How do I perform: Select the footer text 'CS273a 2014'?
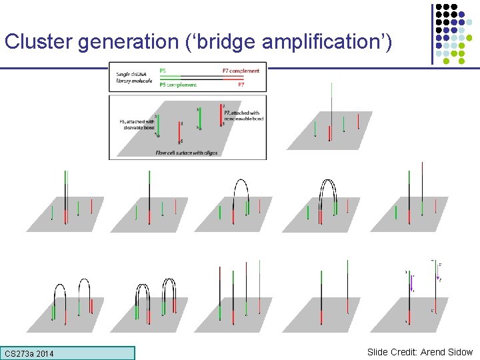[29, 353]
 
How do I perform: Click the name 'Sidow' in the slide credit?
[458, 352]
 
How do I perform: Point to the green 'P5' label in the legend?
[163, 69]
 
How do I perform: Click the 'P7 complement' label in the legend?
[241, 70]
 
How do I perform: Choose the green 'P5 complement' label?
[178, 85]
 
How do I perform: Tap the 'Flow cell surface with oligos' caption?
[186, 153]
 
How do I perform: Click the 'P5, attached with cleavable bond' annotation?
[137, 124]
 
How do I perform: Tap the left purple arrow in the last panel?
[411, 282]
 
